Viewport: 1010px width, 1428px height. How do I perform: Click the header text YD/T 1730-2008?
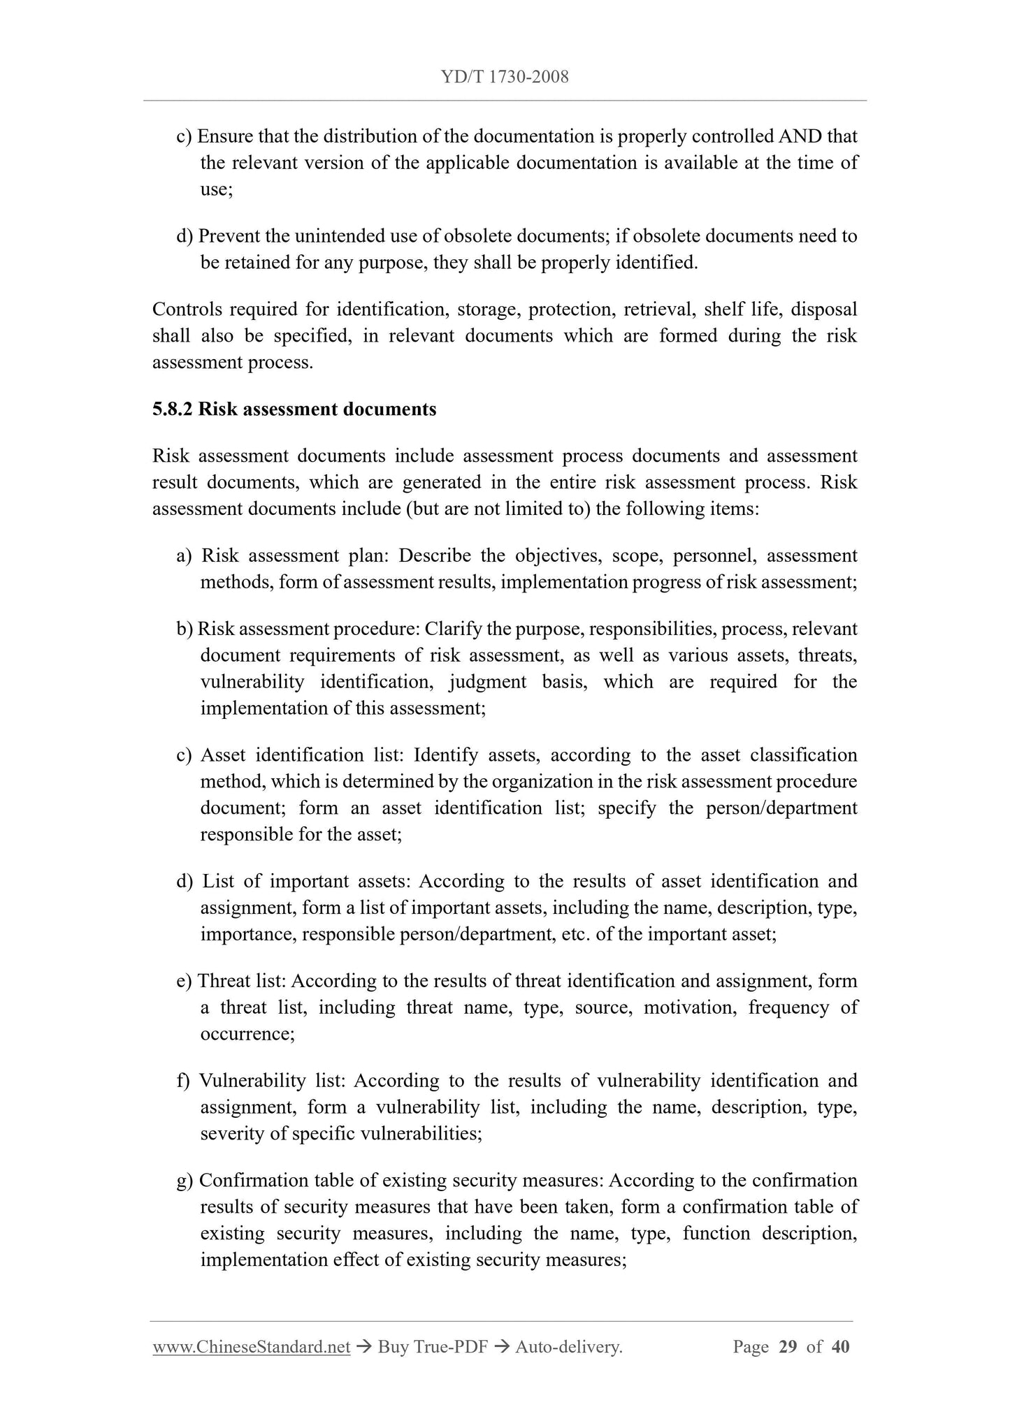coord(505,77)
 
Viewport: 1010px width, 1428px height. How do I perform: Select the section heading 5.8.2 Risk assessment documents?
coord(294,409)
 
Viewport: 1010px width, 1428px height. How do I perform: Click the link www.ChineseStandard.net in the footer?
coord(251,1347)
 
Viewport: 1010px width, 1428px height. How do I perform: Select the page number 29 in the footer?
coord(787,1347)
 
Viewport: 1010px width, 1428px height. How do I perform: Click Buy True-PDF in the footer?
coord(432,1347)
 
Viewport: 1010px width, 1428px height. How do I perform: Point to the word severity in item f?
coord(233,1134)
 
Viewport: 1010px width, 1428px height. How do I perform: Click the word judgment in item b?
coord(488,682)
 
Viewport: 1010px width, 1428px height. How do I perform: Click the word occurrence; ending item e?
coord(247,1034)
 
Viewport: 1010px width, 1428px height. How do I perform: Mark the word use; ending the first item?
coord(216,189)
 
